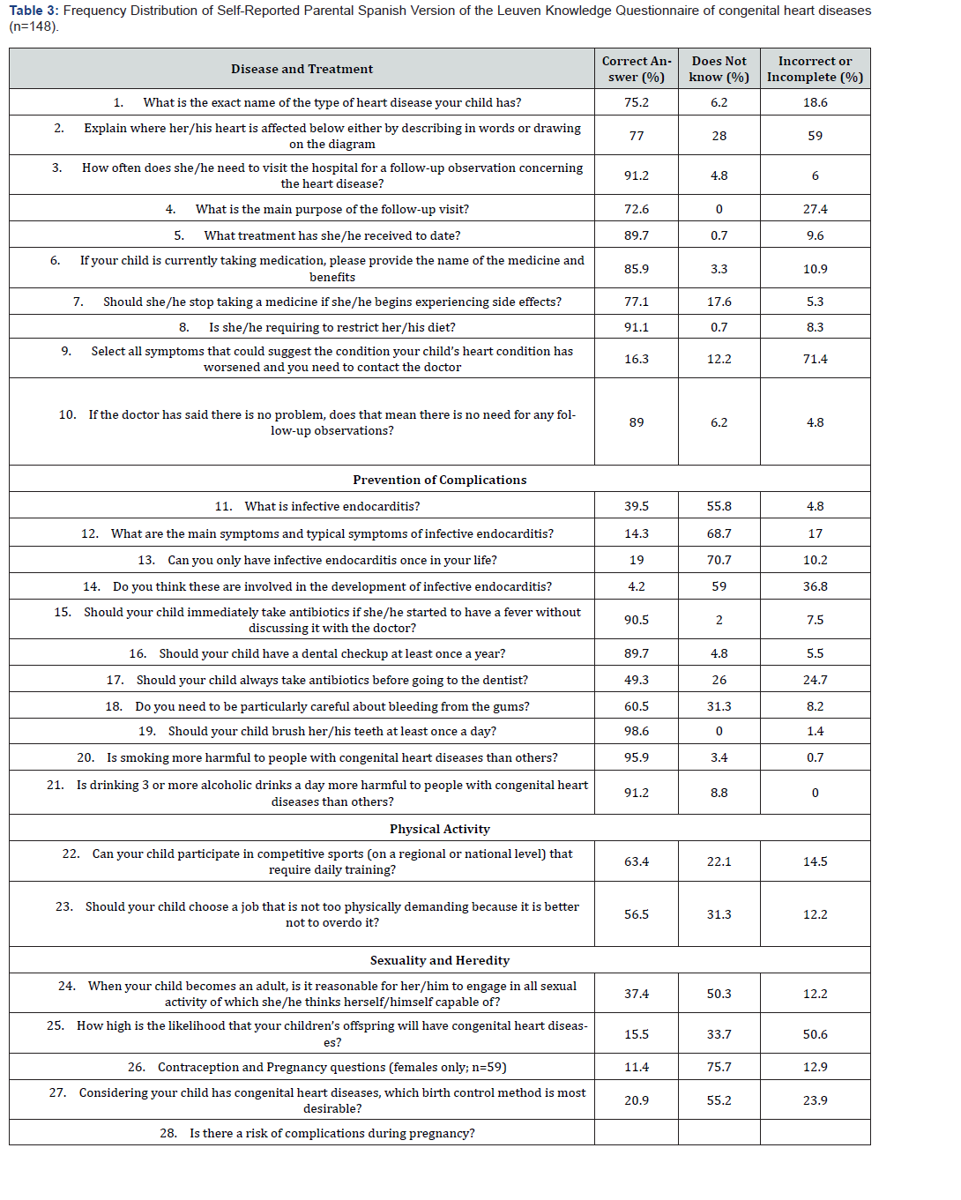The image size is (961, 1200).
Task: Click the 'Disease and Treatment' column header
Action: (302, 69)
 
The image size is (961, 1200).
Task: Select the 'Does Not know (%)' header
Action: (719, 69)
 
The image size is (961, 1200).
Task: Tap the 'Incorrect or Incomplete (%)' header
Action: (815, 69)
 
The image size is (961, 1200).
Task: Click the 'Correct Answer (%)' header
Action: (636, 69)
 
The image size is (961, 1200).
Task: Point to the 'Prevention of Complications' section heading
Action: (439, 480)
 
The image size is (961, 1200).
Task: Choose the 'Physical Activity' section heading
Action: (439, 829)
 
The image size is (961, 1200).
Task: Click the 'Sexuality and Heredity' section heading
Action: (439, 960)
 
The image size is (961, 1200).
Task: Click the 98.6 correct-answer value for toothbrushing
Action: (636, 731)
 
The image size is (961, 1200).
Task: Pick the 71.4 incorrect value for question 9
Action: (815, 359)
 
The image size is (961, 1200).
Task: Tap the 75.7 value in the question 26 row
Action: (719, 1067)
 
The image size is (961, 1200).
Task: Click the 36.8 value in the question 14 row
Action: (815, 586)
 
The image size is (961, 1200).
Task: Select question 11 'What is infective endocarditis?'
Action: (317, 506)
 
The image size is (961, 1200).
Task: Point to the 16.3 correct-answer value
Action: (636, 359)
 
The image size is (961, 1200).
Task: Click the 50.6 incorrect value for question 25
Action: (815, 1034)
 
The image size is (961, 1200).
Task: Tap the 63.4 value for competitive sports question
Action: (636, 861)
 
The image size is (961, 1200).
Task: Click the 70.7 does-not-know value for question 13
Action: (719, 560)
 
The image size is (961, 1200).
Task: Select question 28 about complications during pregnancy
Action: (317, 1133)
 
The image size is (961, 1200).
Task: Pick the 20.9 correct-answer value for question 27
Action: (636, 1100)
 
